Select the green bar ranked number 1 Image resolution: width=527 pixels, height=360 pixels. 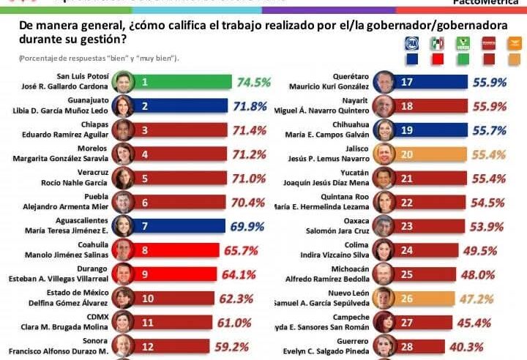click(183, 82)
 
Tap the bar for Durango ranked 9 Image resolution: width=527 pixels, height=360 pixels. click(176, 274)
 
